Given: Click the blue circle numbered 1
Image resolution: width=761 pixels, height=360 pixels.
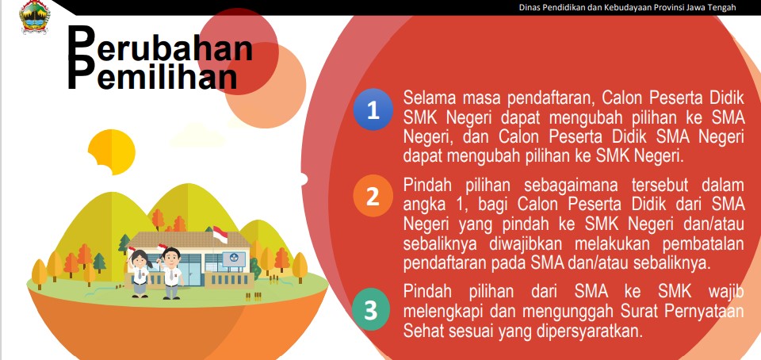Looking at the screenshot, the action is (x=373, y=109).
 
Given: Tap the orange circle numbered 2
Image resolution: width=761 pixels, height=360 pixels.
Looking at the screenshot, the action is (x=373, y=196).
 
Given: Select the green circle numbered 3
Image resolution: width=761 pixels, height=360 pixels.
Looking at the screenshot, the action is (x=371, y=310).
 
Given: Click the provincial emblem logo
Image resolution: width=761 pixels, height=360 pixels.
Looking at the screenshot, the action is (x=34, y=16).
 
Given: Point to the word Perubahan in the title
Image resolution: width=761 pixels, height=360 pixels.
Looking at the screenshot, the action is (x=160, y=48).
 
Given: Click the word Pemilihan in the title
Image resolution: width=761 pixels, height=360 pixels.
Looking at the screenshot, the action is (x=153, y=75).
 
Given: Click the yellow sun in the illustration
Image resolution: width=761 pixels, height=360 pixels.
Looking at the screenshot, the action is (x=111, y=152).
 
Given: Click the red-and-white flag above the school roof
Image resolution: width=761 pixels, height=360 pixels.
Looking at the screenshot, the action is (x=220, y=235).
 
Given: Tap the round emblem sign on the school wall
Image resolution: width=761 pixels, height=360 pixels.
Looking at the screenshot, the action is (x=234, y=259).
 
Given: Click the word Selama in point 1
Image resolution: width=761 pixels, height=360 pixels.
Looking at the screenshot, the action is (x=430, y=98).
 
